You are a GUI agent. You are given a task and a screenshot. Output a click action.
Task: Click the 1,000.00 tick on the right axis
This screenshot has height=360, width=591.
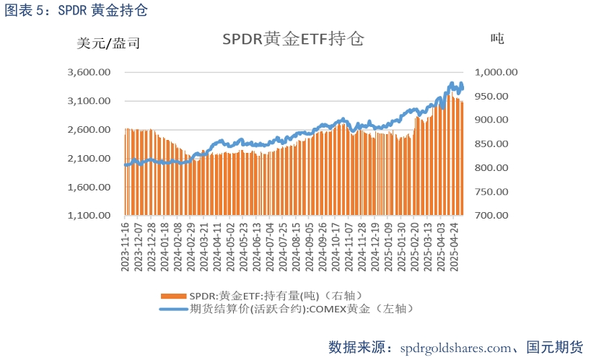[x=496, y=72]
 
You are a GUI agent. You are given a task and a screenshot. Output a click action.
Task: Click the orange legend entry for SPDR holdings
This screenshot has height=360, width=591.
[x=260, y=296]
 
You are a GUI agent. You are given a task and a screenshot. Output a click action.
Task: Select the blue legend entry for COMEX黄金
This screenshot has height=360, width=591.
[x=289, y=309]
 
